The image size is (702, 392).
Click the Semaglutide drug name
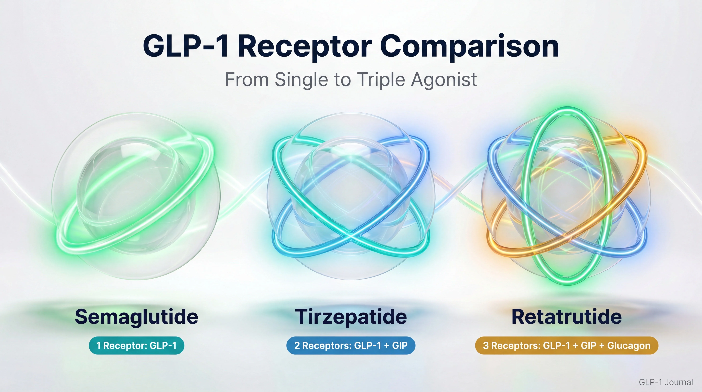(x=136, y=317)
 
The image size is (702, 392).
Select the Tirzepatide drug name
(x=351, y=317)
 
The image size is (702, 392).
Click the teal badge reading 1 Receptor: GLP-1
(x=136, y=346)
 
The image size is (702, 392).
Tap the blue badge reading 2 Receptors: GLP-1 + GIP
(x=351, y=346)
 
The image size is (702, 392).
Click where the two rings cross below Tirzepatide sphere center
(x=351, y=234)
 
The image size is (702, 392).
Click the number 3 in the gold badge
(x=486, y=346)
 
